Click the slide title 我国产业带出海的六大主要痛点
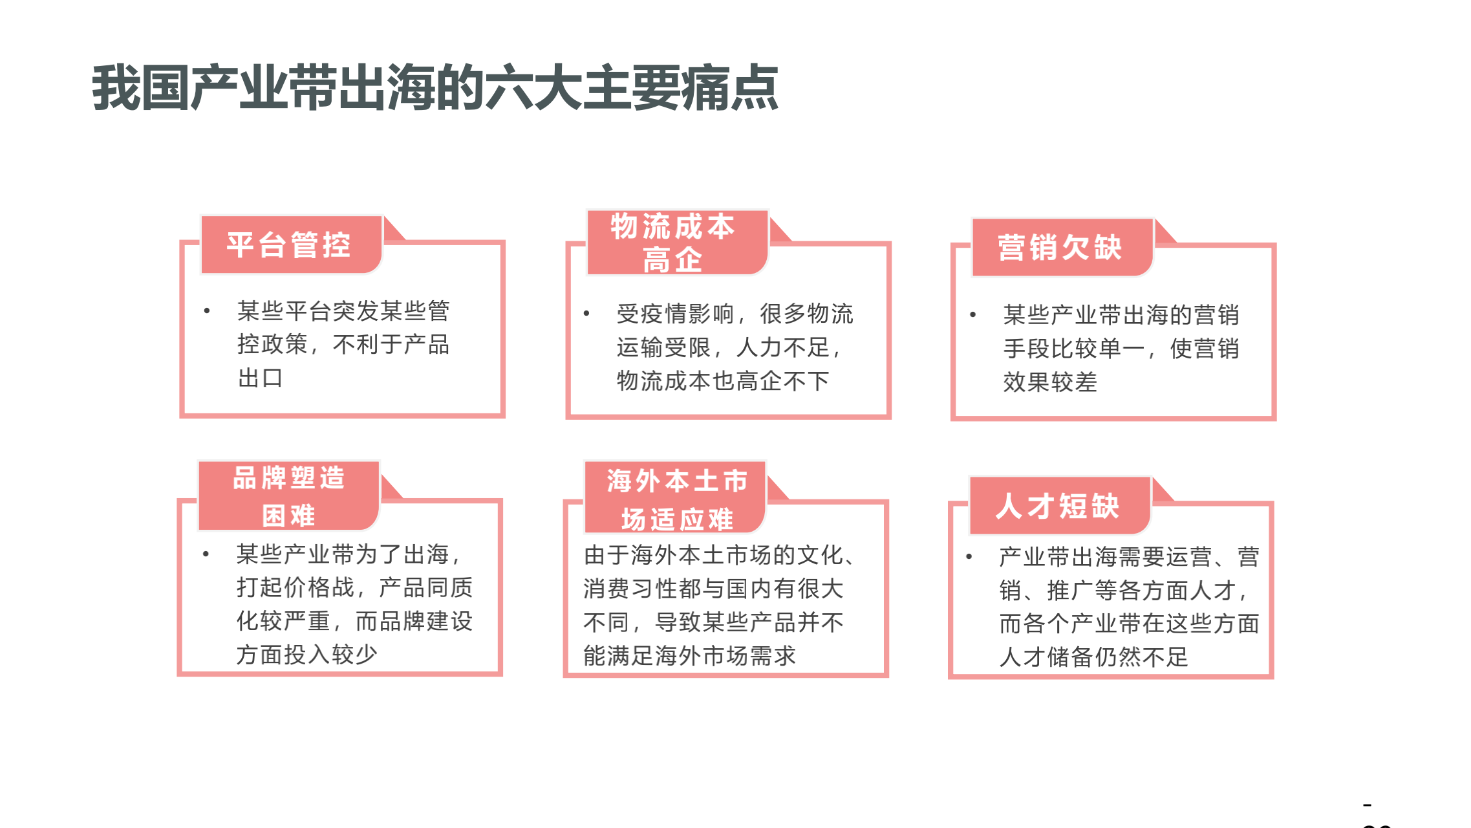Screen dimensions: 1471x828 (435, 88)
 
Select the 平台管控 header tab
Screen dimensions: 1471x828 (292, 245)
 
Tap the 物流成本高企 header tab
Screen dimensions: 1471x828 (677, 243)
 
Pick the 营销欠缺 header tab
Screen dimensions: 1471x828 (1062, 248)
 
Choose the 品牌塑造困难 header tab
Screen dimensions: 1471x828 (288, 496)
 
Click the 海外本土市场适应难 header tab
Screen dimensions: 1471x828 (675, 497)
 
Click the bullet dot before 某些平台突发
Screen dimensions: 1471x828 (207, 311)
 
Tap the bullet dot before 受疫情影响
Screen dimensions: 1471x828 (586, 314)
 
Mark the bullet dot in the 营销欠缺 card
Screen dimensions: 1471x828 (972, 315)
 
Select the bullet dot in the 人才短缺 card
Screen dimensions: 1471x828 (969, 556)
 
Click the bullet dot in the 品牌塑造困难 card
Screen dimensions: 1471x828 (206, 554)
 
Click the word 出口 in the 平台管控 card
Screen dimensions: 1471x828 (260, 378)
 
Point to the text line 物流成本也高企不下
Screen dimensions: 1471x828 (723, 381)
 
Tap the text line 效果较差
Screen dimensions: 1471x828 (1050, 382)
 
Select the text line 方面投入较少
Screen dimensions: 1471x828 (306, 655)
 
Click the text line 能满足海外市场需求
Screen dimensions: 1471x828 (689, 656)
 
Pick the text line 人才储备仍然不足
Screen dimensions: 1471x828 (1094, 657)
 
